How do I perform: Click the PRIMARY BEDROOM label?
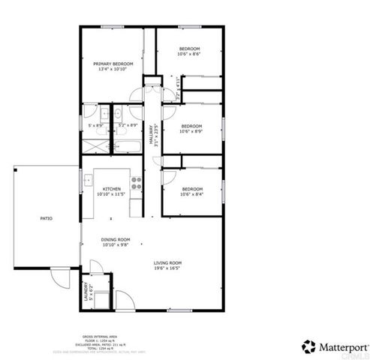pyautogui.click(x=112, y=64)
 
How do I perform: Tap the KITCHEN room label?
pyautogui.click(x=112, y=189)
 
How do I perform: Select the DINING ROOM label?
pyautogui.click(x=115, y=239)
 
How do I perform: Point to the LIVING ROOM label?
pyautogui.click(x=168, y=262)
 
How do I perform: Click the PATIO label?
pyautogui.click(x=46, y=218)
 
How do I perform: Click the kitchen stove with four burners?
pyautogui.click(x=136, y=181)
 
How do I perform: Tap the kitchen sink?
pyautogui.click(x=88, y=180)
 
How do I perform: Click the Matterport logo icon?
pyautogui.click(x=308, y=346)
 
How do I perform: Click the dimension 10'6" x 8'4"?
pyautogui.click(x=191, y=194)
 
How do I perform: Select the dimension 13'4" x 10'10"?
pyautogui.click(x=112, y=70)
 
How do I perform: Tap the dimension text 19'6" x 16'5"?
pyautogui.click(x=168, y=267)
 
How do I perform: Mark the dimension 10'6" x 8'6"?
pyautogui.click(x=188, y=54)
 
